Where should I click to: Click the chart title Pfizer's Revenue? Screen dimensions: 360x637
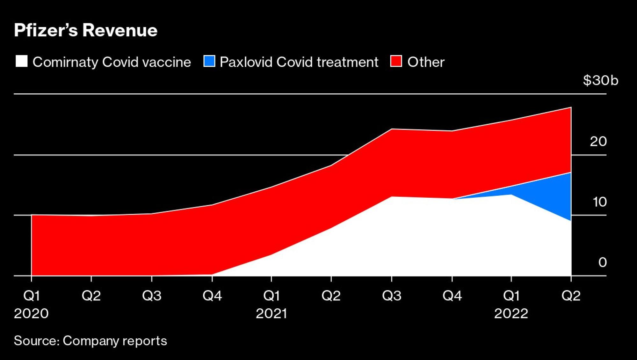(x=85, y=31)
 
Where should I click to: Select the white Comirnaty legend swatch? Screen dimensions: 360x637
(x=21, y=61)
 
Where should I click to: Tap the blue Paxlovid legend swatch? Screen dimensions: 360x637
(x=209, y=61)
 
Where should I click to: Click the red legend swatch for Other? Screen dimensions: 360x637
(x=396, y=61)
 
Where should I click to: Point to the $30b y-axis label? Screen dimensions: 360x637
(x=600, y=80)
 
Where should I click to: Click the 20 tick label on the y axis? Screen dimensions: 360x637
(x=598, y=141)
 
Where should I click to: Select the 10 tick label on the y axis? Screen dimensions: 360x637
(x=599, y=202)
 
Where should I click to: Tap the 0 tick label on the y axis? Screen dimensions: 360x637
(x=602, y=262)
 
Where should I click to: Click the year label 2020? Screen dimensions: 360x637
(x=31, y=313)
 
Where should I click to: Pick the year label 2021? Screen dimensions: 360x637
(x=271, y=313)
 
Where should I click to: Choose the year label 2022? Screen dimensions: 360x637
(x=511, y=313)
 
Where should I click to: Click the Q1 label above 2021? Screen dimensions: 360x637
(x=271, y=296)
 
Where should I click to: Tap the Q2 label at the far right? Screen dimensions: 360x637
(x=571, y=296)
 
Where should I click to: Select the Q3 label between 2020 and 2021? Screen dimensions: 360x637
(x=151, y=296)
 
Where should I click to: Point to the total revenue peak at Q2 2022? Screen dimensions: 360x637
(x=571, y=107)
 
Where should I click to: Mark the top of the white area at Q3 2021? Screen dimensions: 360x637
(x=392, y=197)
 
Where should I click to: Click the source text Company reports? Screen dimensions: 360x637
(x=115, y=341)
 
